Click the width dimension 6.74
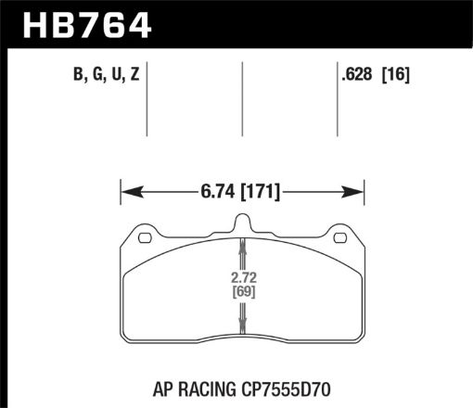[214, 192]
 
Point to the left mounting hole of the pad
[144, 238]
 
